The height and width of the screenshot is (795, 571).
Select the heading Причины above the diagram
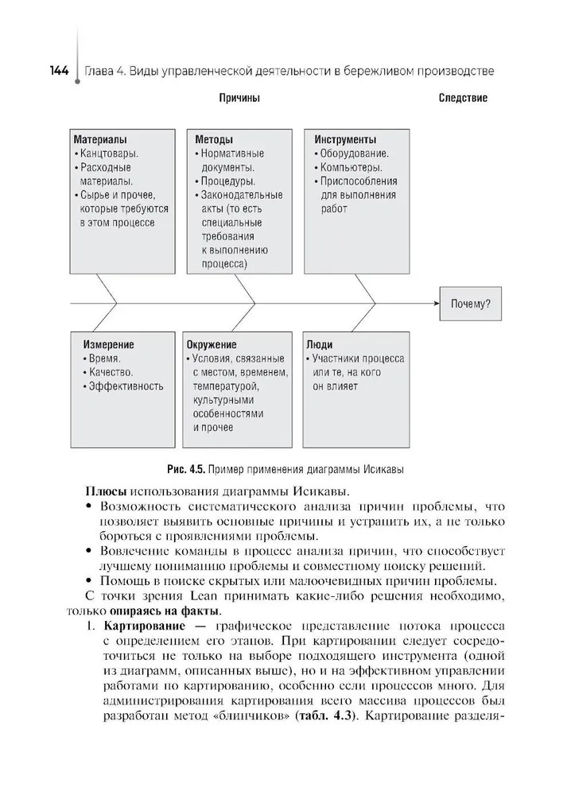pyautogui.click(x=239, y=99)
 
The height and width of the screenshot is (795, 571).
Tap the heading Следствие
pyautogui.click(x=463, y=99)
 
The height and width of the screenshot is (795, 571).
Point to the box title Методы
pyautogui.click(x=214, y=139)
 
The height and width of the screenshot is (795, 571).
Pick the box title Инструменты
pyautogui.click(x=345, y=139)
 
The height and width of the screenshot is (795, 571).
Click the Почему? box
pyautogui.click(x=470, y=304)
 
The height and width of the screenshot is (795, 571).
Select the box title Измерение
pyautogui.click(x=108, y=345)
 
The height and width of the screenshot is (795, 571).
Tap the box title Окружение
pyautogui.click(x=212, y=345)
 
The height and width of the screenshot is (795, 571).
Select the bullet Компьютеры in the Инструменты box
pyautogui.click(x=351, y=168)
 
